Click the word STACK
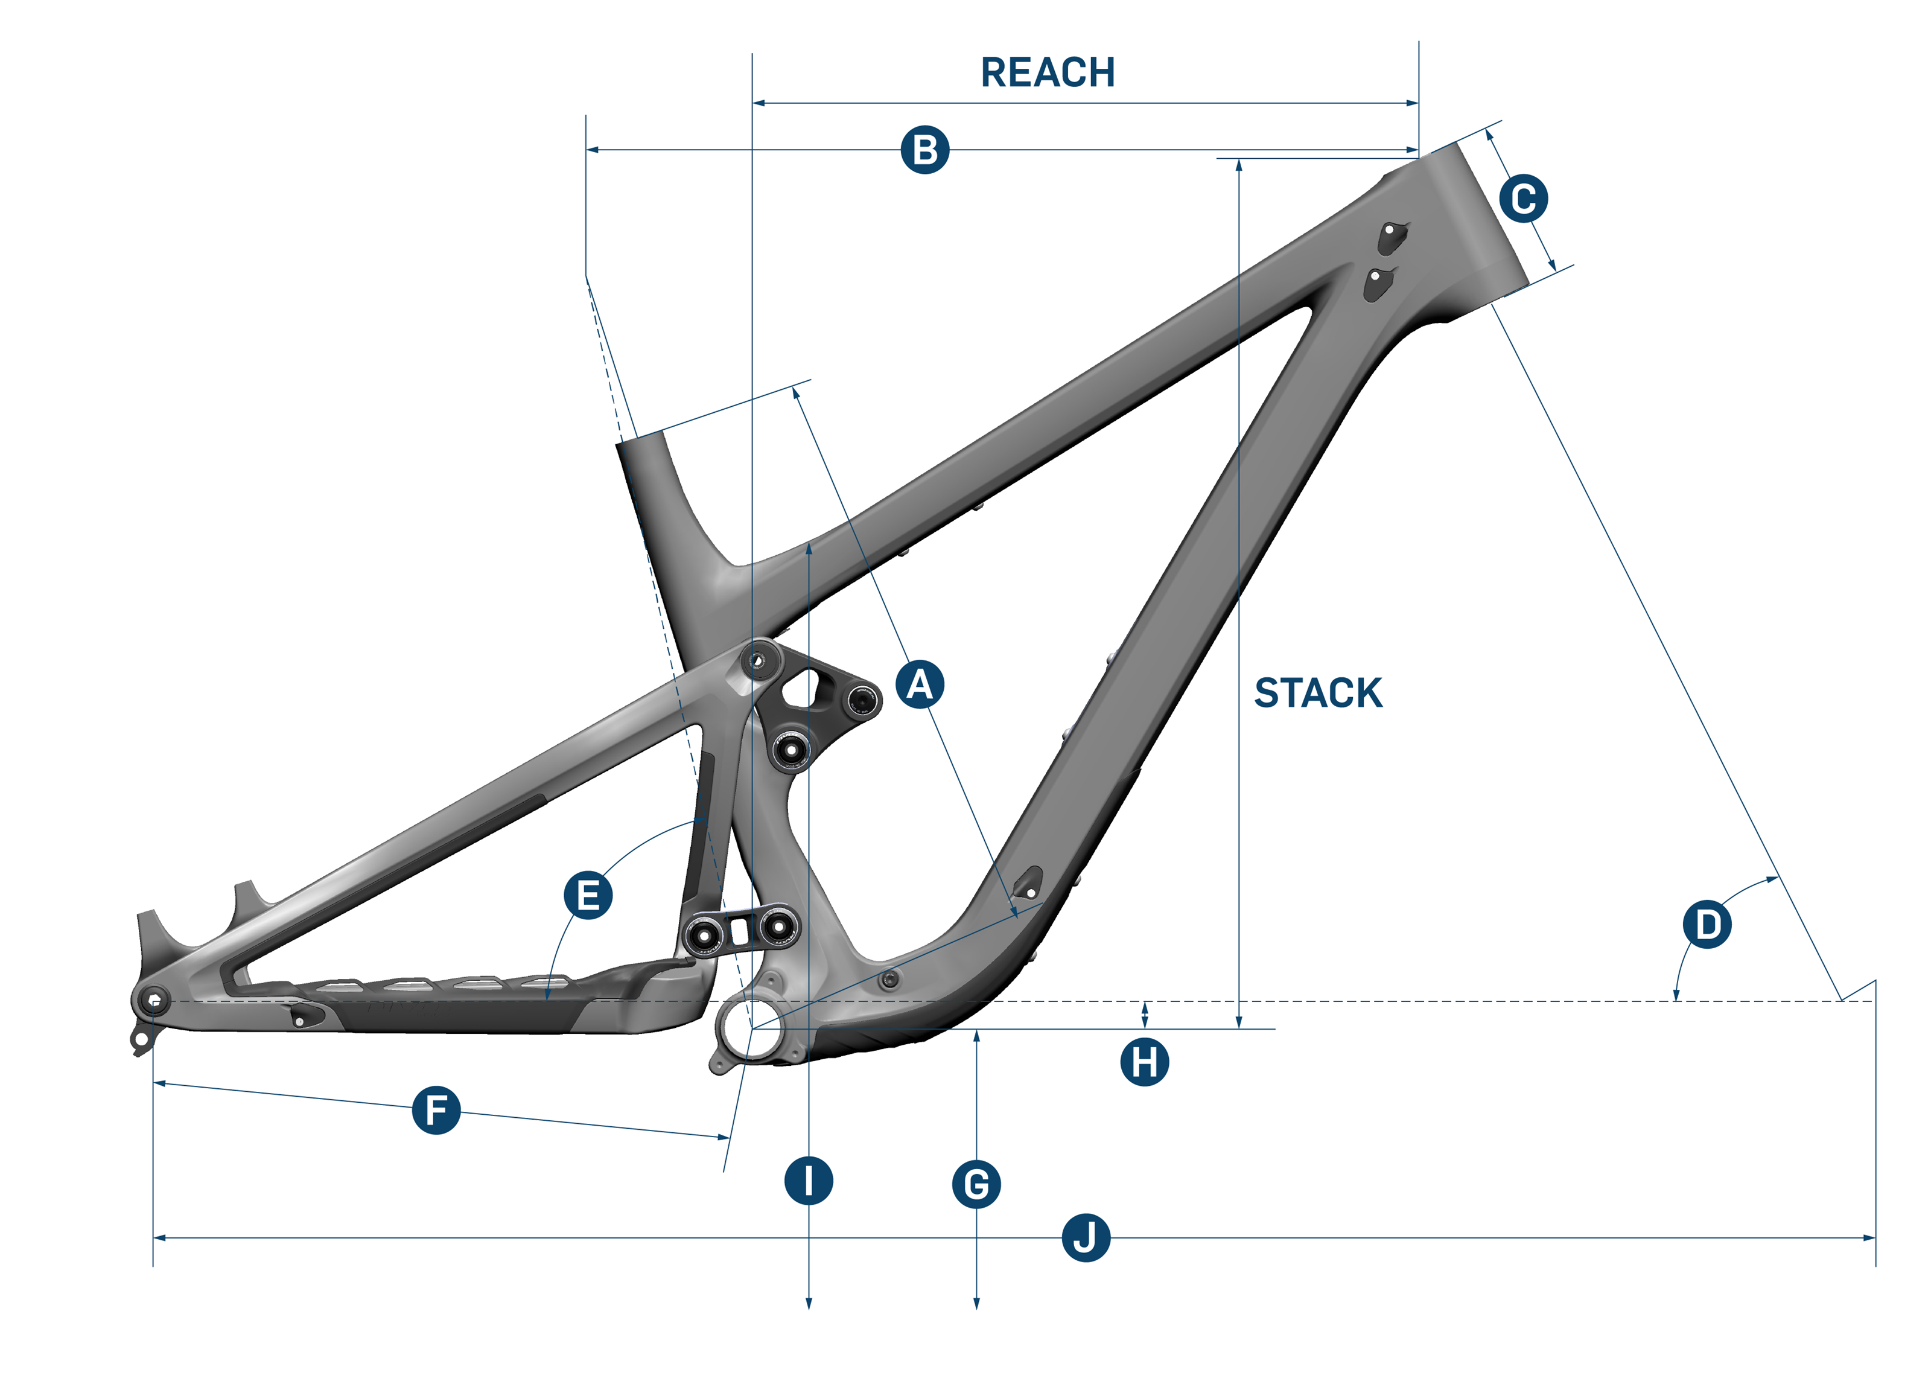click(1318, 694)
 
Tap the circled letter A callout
click(920, 684)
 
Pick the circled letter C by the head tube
click(1523, 199)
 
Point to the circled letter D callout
click(1707, 925)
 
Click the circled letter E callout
click(588, 895)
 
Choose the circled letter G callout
click(976, 1184)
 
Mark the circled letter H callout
click(1144, 1062)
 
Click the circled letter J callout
click(1086, 1237)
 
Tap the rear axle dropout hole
click(154, 1000)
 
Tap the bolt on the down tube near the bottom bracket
click(891, 980)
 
